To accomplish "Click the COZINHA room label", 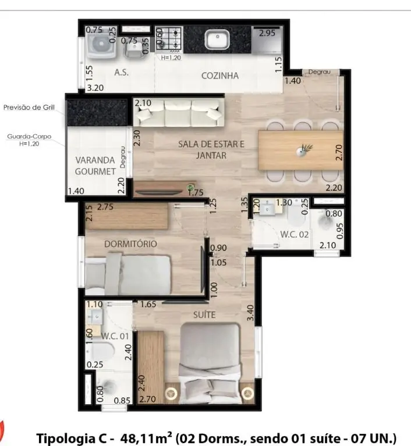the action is (220, 76).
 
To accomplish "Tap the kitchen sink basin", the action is (218, 40).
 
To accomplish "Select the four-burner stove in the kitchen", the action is (169, 40).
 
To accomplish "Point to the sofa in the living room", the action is (179, 113).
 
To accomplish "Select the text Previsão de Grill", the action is (29, 108).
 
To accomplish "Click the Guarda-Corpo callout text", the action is (29, 137).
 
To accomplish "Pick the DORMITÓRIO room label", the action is (130, 244).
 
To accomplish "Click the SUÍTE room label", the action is (204, 315).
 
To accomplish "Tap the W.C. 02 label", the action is (295, 235).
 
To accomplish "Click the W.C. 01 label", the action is (115, 336).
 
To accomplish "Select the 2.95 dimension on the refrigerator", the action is (267, 33).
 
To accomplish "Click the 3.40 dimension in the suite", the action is (250, 313).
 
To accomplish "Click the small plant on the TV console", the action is (190, 187).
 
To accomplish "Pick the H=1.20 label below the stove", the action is (171, 58).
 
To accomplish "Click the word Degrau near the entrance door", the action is (320, 72).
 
